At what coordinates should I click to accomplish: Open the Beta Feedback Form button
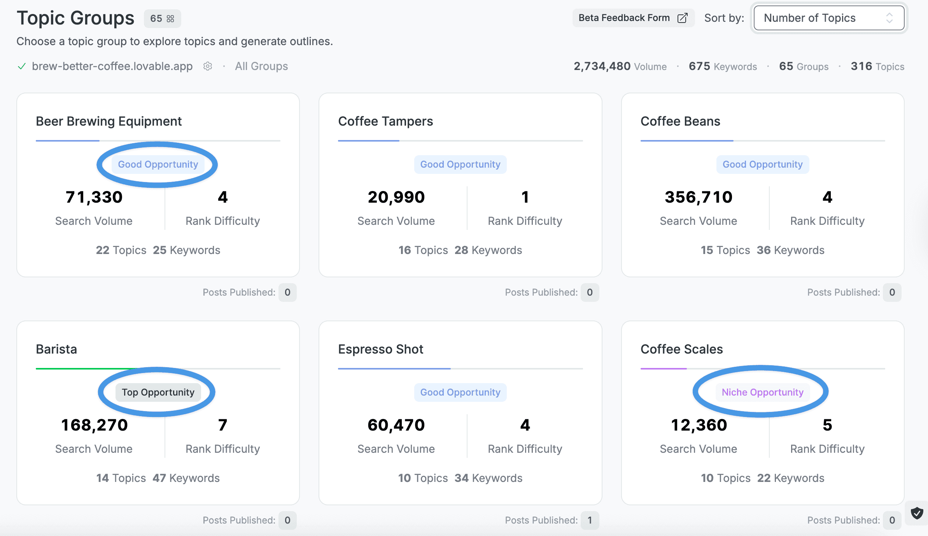point(633,18)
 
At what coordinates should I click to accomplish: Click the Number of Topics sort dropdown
point(829,18)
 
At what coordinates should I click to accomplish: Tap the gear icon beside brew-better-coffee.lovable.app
point(208,66)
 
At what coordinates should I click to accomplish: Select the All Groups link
point(261,66)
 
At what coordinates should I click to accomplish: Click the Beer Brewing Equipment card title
point(109,121)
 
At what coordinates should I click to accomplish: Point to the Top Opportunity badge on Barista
point(158,392)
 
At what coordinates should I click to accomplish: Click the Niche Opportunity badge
point(762,392)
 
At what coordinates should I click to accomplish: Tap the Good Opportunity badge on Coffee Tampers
point(460,164)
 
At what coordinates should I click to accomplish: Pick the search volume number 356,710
point(699,197)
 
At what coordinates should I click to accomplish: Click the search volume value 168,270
point(94,425)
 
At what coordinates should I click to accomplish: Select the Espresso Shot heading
point(380,349)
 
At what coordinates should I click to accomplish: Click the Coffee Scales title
point(681,349)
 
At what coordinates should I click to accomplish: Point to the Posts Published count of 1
point(590,520)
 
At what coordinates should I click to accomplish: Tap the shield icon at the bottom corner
point(917,513)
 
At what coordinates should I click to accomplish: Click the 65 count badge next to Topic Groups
point(162,18)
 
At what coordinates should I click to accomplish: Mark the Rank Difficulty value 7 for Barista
point(222,425)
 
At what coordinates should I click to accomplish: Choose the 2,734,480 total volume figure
point(602,66)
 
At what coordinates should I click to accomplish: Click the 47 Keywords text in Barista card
point(186,478)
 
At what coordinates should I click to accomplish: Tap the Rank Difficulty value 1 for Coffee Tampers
point(525,197)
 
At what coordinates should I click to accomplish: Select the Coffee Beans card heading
point(680,121)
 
